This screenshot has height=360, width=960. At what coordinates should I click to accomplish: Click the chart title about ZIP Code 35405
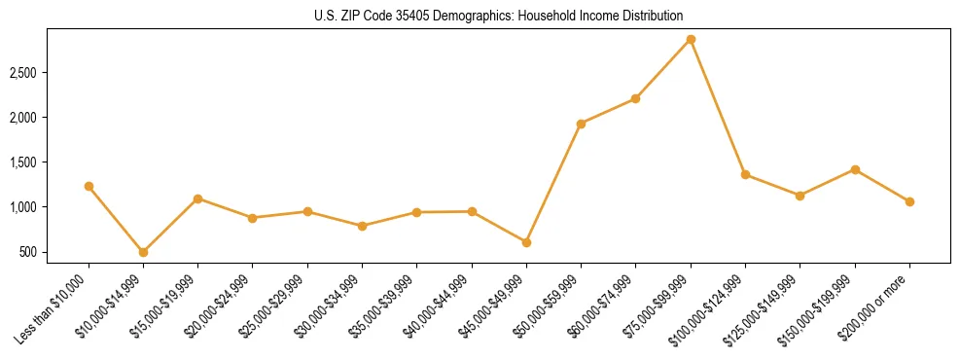[498, 17]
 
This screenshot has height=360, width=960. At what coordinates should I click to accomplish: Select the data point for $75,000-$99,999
[691, 39]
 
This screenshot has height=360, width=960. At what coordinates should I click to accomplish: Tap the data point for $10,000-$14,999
[143, 252]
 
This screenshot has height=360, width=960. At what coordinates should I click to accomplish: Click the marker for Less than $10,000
[89, 186]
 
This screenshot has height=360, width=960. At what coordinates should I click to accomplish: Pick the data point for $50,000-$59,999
[581, 124]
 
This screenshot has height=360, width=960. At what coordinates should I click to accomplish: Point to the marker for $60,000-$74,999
[635, 98]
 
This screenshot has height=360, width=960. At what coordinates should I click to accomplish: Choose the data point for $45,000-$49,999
[526, 242]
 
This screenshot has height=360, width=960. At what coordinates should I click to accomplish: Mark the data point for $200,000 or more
[909, 201]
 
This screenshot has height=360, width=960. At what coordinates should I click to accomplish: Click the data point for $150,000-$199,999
[855, 169]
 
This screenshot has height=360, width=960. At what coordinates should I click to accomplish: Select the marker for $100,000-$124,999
[745, 174]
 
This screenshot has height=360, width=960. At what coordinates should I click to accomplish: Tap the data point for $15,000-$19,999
[197, 198]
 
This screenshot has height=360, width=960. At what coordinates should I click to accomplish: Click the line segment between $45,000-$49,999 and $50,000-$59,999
[553, 183]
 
